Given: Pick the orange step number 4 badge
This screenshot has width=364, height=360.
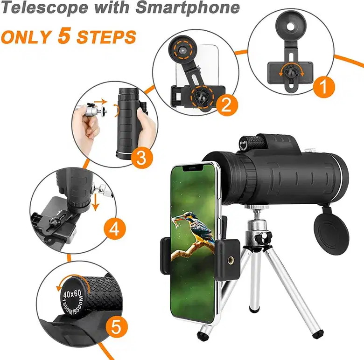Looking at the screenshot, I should (x=114, y=229).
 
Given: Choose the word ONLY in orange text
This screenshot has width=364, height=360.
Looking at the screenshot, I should (x=26, y=37).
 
